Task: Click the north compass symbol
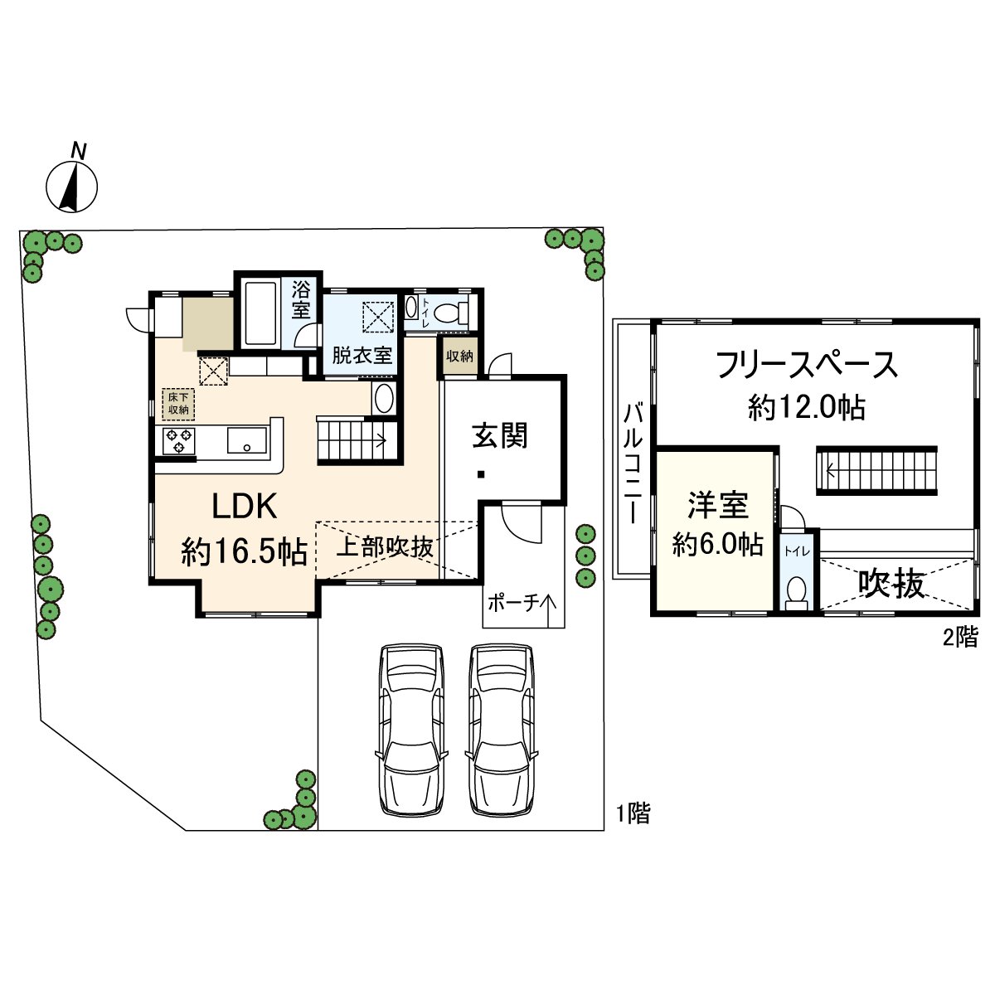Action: [71, 183]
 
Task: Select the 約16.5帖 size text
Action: [245, 551]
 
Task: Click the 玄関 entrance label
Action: [500, 435]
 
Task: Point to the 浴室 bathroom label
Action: [301, 300]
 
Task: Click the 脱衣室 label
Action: [362, 356]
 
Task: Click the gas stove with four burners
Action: [179, 441]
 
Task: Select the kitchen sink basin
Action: [247, 439]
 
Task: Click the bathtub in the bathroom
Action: [261, 313]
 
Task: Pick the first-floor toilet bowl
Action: [449, 313]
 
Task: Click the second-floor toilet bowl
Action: [797, 591]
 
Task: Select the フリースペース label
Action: [806, 365]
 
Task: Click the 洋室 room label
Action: [717, 505]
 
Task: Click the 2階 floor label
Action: [959, 638]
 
